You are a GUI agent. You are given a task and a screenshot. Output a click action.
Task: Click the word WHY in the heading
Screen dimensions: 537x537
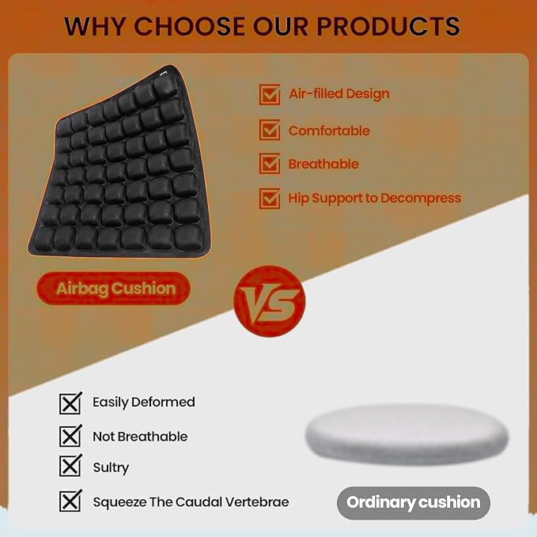pyautogui.click(x=95, y=25)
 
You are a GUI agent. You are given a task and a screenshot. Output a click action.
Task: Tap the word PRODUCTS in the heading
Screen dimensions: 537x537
pyautogui.click(x=388, y=25)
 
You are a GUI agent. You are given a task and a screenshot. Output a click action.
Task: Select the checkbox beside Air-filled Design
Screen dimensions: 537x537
pyautogui.click(x=270, y=94)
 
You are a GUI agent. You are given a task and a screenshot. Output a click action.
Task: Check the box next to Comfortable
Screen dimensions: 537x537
pyautogui.click(x=270, y=130)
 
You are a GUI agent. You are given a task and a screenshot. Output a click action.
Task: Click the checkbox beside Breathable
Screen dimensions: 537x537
pyautogui.click(x=270, y=164)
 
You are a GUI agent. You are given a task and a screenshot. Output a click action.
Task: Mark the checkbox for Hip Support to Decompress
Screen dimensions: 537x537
pyautogui.click(x=270, y=198)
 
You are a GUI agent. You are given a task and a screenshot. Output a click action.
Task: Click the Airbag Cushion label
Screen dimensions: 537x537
pyautogui.click(x=115, y=288)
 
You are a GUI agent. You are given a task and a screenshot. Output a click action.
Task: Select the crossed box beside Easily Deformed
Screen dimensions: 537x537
pyautogui.click(x=70, y=403)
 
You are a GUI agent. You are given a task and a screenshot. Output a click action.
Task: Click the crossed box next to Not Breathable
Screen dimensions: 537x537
pyautogui.click(x=70, y=436)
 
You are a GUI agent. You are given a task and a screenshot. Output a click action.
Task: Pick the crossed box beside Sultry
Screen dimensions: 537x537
pyautogui.click(x=70, y=467)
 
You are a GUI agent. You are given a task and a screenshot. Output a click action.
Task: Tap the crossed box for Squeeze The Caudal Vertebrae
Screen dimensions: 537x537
pyautogui.click(x=70, y=501)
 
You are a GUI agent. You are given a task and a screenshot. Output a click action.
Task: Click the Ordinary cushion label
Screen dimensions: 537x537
pyautogui.click(x=413, y=502)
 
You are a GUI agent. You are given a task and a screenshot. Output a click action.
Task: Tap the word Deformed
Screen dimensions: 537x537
pyautogui.click(x=165, y=402)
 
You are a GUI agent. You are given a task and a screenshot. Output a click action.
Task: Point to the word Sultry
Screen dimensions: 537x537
pyautogui.click(x=111, y=467)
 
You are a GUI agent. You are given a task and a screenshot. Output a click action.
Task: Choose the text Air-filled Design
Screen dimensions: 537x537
pyautogui.click(x=338, y=94)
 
